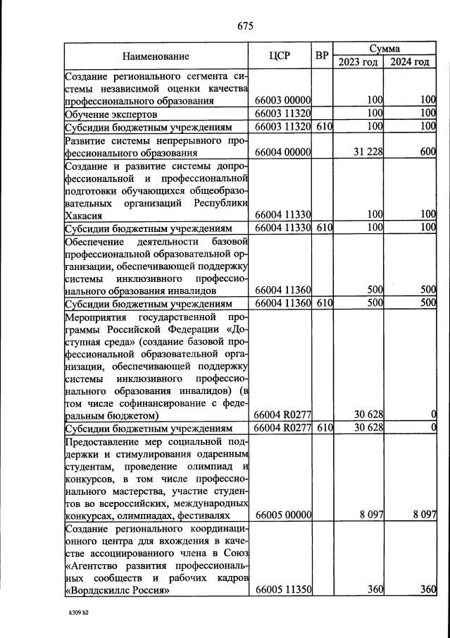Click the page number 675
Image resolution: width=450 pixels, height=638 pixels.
pyautogui.click(x=245, y=26)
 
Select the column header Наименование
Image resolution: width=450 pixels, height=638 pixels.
pyautogui.click(x=156, y=55)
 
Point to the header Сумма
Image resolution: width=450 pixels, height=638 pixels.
pyautogui.click(x=384, y=49)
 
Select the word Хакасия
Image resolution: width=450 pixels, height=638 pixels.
pyautogui.click(x=84, y=215)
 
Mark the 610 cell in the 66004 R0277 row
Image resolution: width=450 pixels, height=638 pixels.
pyautogui.click(x=323, y=428)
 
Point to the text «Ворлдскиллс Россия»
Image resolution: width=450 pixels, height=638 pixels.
pyautogui.click(x=116, y=590)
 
